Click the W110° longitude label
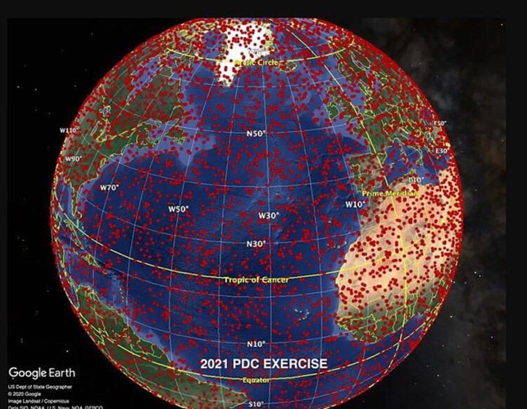click(x=69, y=130)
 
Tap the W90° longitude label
click(x=74, y=159)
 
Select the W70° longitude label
click(x=110, y=187)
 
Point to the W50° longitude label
click(x=178, y=209)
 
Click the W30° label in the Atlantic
click(x=268, y=215)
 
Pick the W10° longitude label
click(x=355, y=204)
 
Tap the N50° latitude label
click(x=256, y=134)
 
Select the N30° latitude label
click(x=256, y=244)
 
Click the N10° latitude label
click(x=256, y=344)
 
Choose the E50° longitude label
click(x=440, y=124)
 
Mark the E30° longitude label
click(x=441, y=151)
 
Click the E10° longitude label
click(x=416, y=181)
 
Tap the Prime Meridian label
click(x=391, y=194)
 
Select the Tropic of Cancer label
click(x=257, y=280)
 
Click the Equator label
click(x=257, y=380)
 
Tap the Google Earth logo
click(x=42, y=373)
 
